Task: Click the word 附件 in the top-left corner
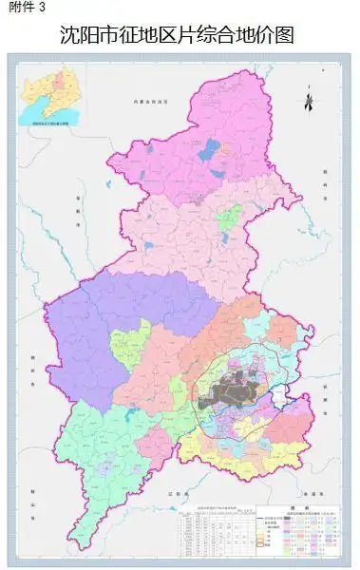17,8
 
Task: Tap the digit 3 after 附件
40,8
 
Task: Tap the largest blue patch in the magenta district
210,147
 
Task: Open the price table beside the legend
218,531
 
